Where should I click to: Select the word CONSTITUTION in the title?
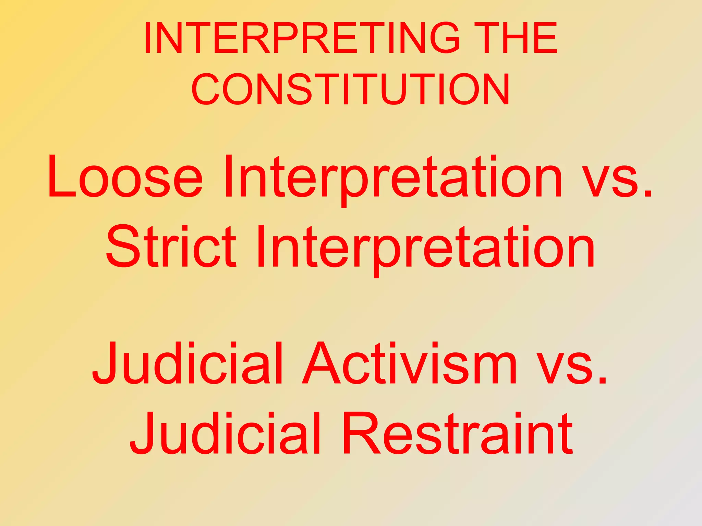click(x=351, y=89)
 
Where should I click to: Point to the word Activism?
click(x=409, y=364)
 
